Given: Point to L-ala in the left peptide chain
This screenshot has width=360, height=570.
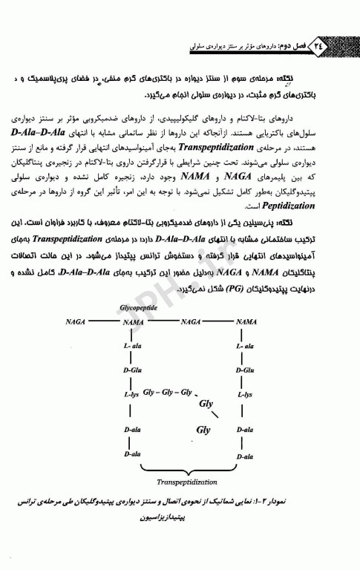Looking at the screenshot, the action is click(x=133, y=347).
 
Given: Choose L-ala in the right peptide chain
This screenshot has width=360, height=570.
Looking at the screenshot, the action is click(x=246, y=347).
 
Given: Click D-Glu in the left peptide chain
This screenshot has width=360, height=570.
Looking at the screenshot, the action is click(x=132, y=370).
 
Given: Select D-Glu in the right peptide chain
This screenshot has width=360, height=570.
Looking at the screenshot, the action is click(x=246, y=370).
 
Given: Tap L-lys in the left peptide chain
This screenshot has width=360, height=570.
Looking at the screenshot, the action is click(x=131, y=394).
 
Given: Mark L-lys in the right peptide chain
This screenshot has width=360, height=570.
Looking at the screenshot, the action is click(x=246, y=394).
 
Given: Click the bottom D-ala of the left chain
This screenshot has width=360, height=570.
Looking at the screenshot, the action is click(x=133, y=453).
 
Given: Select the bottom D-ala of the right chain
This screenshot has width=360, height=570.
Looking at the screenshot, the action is click(x=246, y=453).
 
